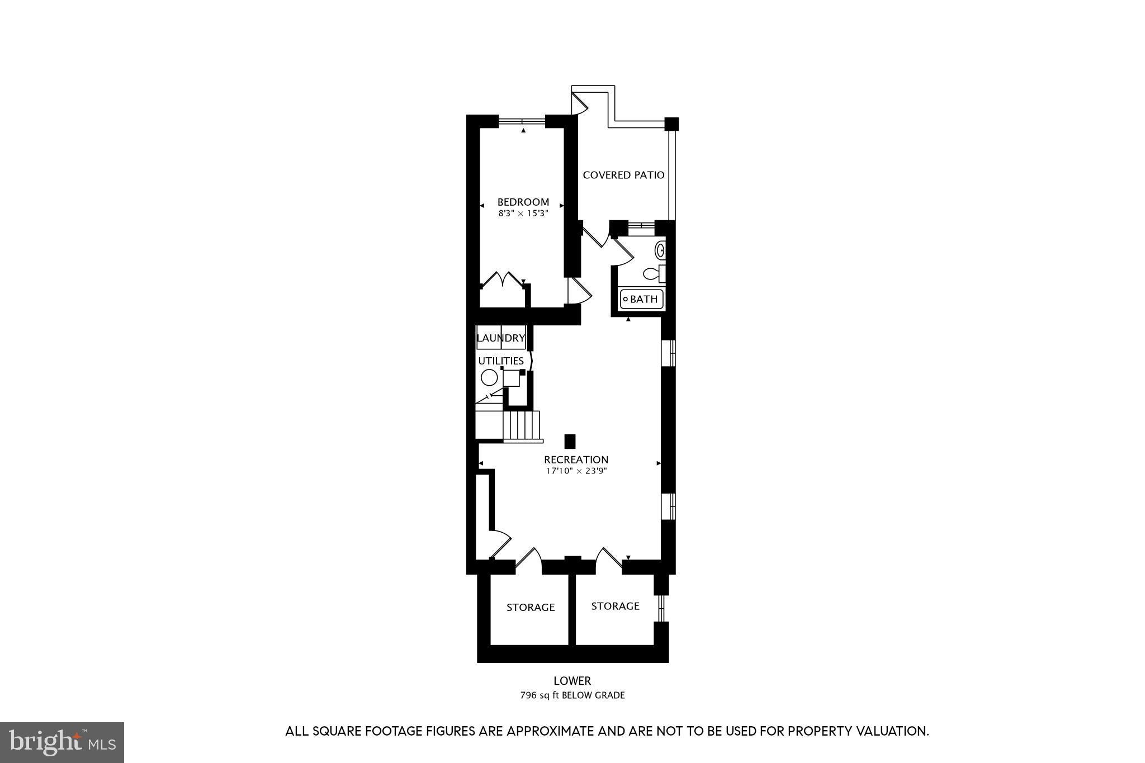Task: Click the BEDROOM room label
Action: [x=523, y=202]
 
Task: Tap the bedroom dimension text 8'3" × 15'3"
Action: [x=523, y=213]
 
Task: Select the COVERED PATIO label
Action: [x=623, y=175]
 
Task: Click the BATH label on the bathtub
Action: [x=644, y=299]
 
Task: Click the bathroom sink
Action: [x=660, y=250]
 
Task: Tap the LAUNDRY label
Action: [x=500, y=338]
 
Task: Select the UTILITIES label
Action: [x=500, y=361]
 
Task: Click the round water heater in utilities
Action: [x=489, y=378]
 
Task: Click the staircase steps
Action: [x=522, y=426]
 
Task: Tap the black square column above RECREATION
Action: [x=570, y=441]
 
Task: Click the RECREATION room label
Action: [x=576, y=459]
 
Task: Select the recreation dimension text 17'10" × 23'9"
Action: [x=576, y=471]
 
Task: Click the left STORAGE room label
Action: [x=530, y=607]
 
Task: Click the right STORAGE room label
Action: [x=615, y=606]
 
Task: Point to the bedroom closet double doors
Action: [x=501, y=279]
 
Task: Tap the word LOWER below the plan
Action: [x=572, y=681]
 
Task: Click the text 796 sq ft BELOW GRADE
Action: [x=572, y=695]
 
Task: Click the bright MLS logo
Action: [x=62, y=742]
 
